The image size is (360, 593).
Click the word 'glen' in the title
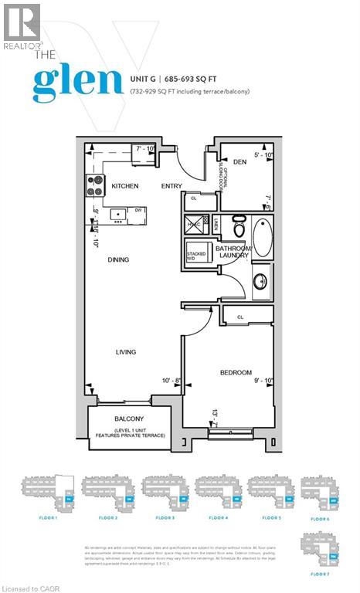pyautogui.click(x=77, y=81)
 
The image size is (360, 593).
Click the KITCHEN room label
pyautogui.click(x=125, y=187)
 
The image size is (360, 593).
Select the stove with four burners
pyautogui.click(x=95, y=185)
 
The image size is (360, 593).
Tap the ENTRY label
pyautogui.click(x=172, y=187)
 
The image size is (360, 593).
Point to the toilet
pyautogui.click(x=239, y=227)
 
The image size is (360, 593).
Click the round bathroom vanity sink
pyautogui.click(x=261, y=280)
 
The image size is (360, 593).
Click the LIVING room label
pyautogui.click(x=126, y=352)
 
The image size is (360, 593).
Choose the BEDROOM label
pyautogui.click(x=236, y=373)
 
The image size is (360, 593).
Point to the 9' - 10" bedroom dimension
pyautogui.click(x=263, y=380)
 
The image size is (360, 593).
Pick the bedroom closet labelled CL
pyautogui.click(x=240, y=317)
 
